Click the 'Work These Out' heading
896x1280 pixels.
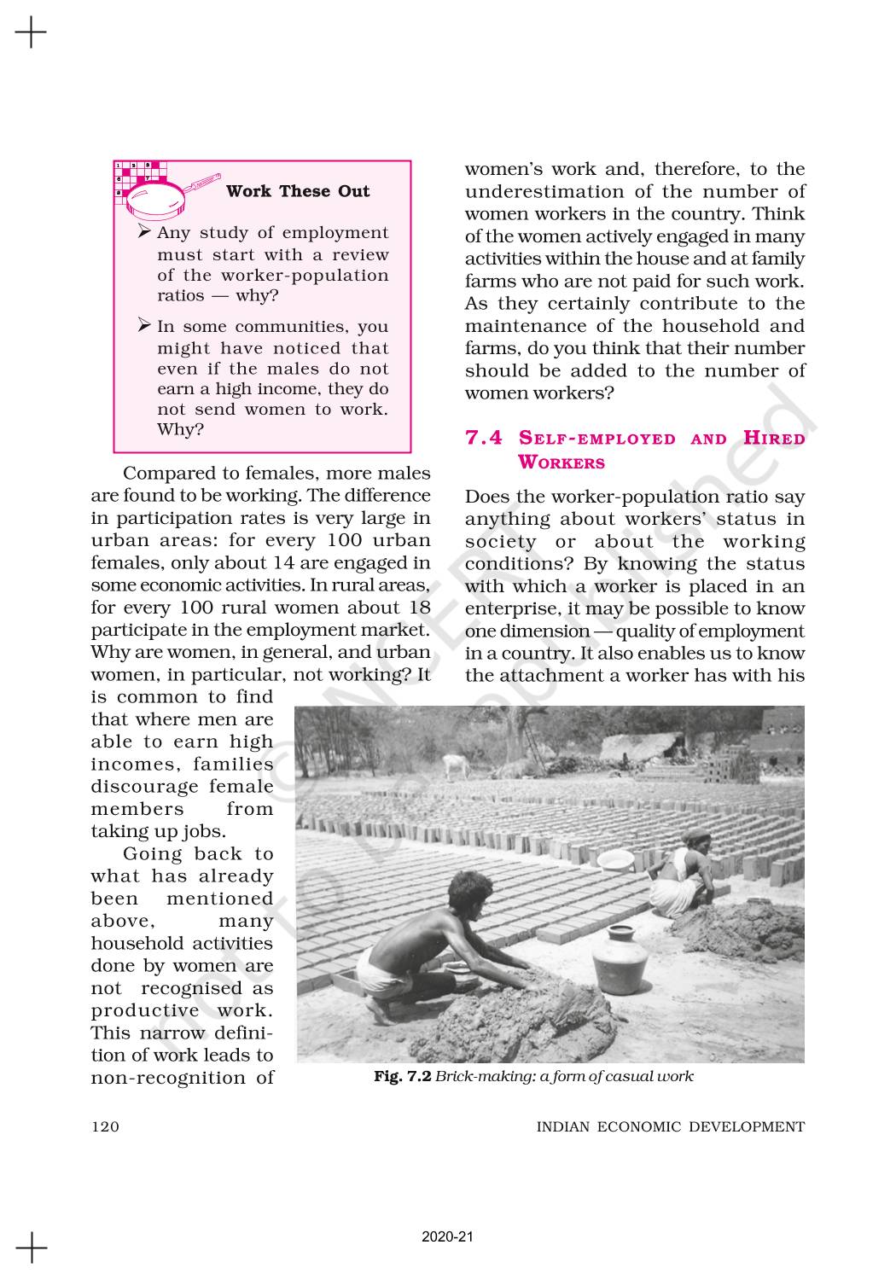(x=298, y=191)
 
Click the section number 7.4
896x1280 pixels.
(x=484, y=439)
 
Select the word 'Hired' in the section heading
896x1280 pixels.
(x=774, y=439)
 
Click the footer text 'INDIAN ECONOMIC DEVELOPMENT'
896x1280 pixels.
(x=670, y=1126)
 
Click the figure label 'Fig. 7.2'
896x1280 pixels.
(x=403, y=1076)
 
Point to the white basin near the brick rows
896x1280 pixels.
(x=615, y=858)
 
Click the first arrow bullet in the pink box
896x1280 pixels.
(x=144, y=233)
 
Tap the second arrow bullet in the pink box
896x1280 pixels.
(x=144, y=326)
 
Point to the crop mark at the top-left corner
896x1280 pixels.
(x=31, y=33)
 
